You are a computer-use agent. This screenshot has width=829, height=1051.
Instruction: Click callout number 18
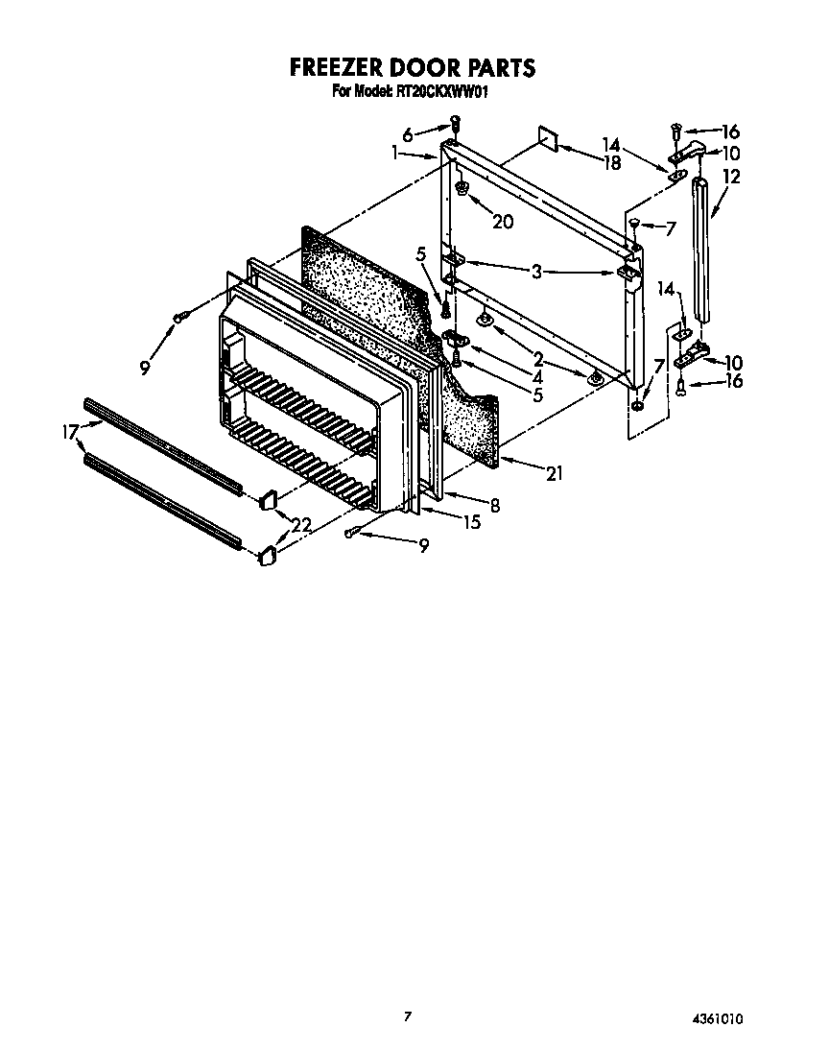(611, 163)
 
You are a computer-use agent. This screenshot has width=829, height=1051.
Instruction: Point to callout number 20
(502, 222)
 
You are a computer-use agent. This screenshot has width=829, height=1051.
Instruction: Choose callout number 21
(554, 472)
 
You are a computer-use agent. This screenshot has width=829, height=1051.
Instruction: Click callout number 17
(69, 432)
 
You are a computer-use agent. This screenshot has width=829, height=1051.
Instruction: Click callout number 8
(494, 506)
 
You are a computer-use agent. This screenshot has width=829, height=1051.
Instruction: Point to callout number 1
(395, 152)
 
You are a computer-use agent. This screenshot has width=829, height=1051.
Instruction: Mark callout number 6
(408, 136)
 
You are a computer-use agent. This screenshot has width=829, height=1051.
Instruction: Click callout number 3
(537, 272)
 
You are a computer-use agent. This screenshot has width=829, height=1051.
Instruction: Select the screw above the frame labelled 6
(456, 124)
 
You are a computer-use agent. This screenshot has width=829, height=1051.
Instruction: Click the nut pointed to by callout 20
(462, 189)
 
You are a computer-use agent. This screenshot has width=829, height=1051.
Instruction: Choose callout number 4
(537, 377)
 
